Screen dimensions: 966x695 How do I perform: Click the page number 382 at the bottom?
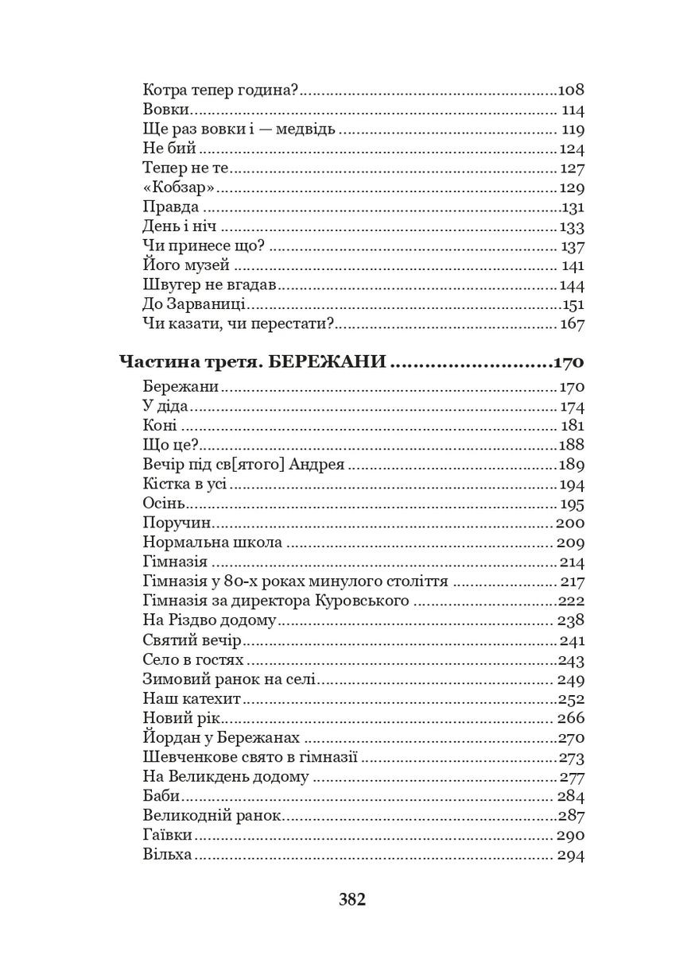(x=351, y=899)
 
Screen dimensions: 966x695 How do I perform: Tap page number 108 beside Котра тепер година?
(x=572, y=91)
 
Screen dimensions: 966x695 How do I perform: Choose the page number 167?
(x=572, y=324)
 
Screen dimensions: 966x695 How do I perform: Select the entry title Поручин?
(x=175, y=524)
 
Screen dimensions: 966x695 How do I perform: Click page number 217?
(x=573, y=582)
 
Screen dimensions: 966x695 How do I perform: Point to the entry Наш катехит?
(x=192, y=699)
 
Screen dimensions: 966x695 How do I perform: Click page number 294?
(x=571, y=856)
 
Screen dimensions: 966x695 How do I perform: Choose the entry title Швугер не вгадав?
(x=209, y=285)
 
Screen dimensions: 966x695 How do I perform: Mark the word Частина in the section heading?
(x=153, y=363)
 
